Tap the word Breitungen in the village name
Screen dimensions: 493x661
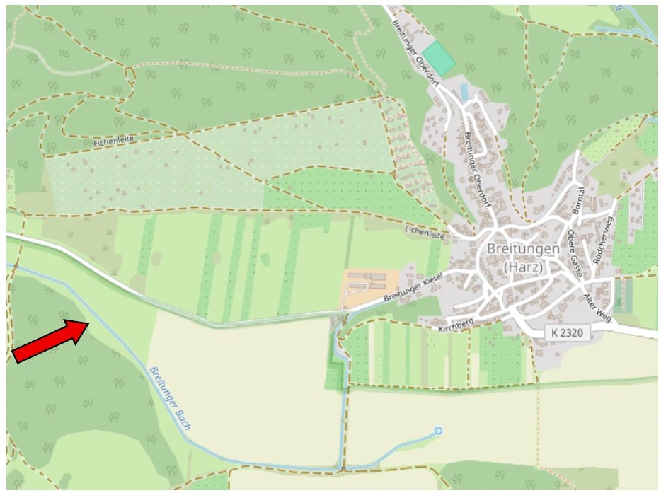pyautogui.click(x=524, y=249)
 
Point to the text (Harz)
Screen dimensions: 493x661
pyautogui.click(x=524, y=267)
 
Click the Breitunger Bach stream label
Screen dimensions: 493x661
pyautogui.click(x=171, y=398)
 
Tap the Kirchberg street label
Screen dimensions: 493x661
pyautogui.click(x=455, y=325)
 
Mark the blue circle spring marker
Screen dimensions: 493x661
pyautogui.click(x=439, y=430)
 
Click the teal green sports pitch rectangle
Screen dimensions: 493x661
pyautogui.click(x=439, y=59)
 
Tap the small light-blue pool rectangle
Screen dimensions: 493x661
pyautogui.click(x=464, y=92)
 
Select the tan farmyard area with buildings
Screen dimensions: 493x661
pyautogui.click(x=367, y=287)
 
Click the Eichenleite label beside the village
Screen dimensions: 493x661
pyautogui.click(x=425, y=231)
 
